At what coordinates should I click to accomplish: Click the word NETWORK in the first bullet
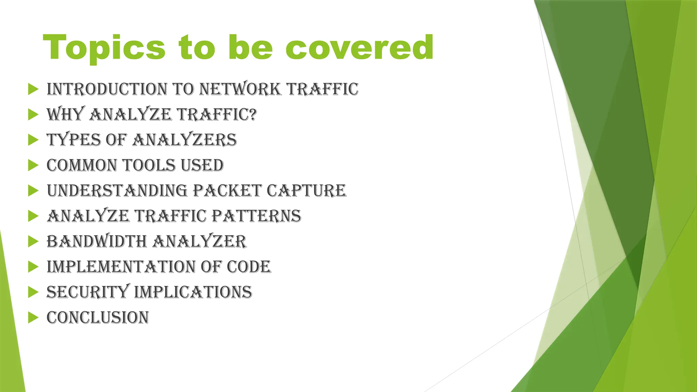point(240,89)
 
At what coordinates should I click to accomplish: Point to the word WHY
point(65,114)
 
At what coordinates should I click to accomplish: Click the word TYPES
point(74,140)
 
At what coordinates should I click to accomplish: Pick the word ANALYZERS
point(184,140)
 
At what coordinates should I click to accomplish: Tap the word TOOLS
point(149,165)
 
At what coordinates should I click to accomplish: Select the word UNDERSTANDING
point(117,190)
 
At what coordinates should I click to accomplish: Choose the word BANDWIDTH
point(96,241)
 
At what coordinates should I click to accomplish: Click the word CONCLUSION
point(98,318)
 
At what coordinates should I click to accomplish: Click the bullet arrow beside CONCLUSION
point(33,318)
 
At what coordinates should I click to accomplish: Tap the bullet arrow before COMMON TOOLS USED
point(33,165)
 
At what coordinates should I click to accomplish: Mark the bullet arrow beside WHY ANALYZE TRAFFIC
point(33,115)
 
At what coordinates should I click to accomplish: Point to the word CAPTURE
point(306,190)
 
